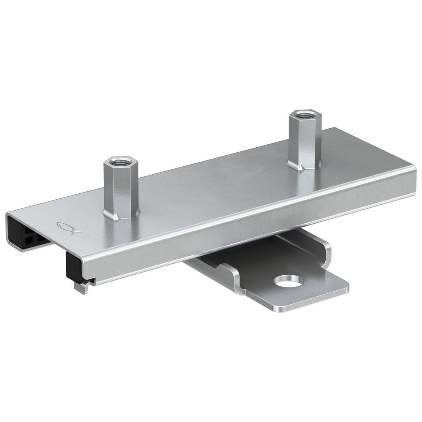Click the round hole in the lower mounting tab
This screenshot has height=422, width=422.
(288, 281)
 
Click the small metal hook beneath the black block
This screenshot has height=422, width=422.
(80, 287)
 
